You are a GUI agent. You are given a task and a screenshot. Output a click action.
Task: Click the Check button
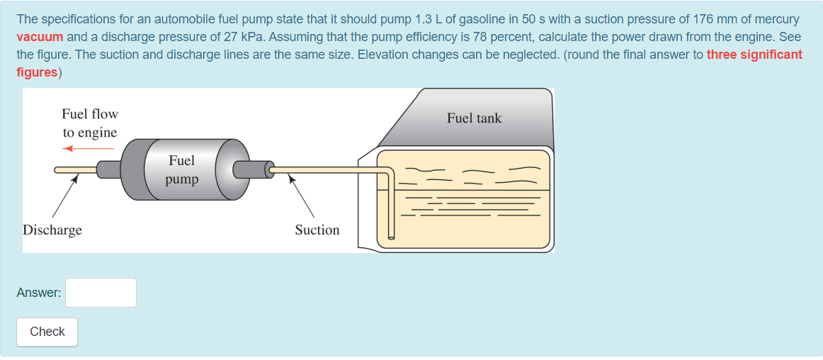(47, 332)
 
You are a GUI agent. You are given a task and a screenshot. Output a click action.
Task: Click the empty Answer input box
(101, 293)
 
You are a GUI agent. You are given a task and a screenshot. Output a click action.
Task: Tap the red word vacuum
(40, 37)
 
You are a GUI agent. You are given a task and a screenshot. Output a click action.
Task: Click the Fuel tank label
(474, 118)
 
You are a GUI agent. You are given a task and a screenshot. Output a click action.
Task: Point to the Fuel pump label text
(181, 170)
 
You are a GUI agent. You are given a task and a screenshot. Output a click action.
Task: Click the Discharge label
(52, 230)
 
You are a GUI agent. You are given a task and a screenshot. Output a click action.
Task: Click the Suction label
(317, 230)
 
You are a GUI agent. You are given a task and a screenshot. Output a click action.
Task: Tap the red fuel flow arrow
(88, 149)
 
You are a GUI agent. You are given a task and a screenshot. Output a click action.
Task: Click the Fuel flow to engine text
(90, 123)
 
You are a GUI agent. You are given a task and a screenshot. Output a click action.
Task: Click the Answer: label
(39, 293)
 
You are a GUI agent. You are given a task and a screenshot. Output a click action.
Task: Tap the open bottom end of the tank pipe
(391, 238)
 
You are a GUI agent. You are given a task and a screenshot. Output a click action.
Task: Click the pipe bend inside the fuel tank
(390, 172)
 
